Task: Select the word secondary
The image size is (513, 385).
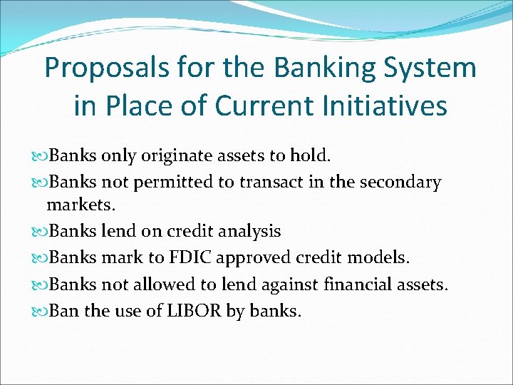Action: (400, 183)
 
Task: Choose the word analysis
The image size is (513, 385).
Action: (245, 231)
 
